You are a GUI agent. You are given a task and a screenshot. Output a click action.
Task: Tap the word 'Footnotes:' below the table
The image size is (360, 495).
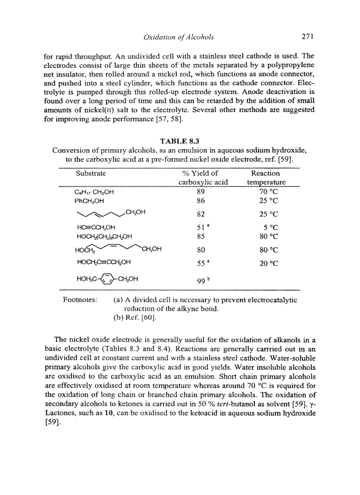(79, 300)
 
